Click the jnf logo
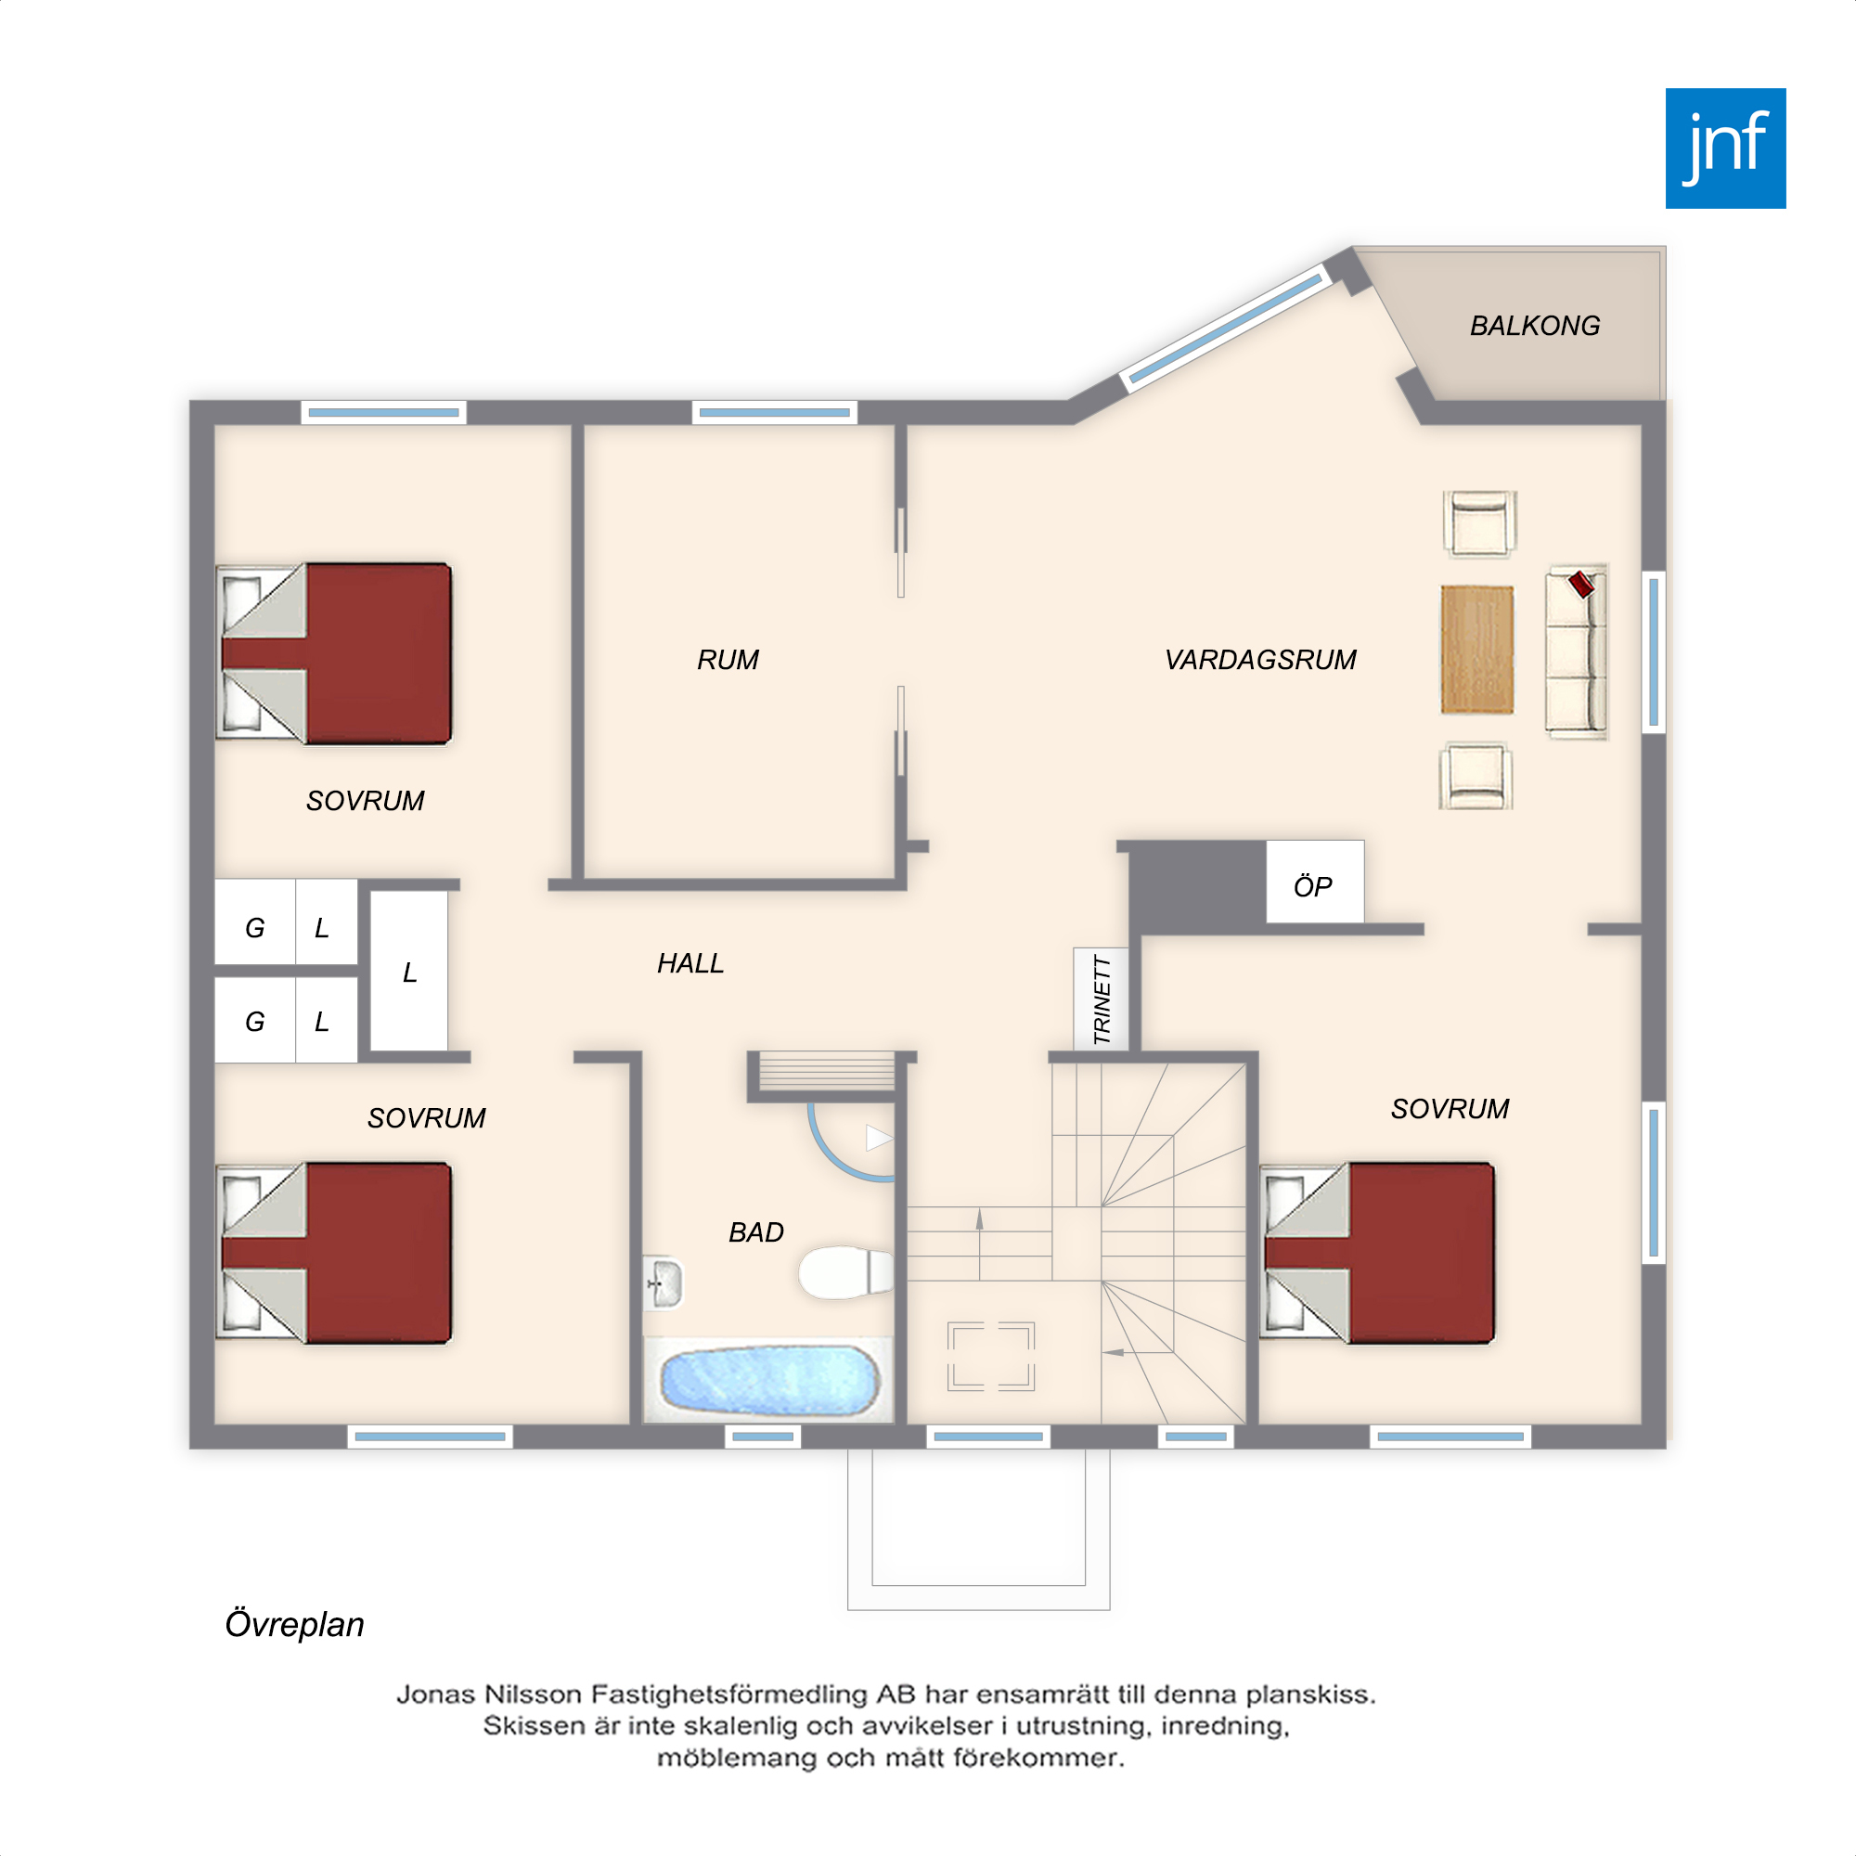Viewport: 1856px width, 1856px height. point(1725,148)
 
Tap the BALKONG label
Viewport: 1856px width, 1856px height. point(1535,327)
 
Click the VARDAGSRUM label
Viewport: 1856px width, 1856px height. point(1260,660)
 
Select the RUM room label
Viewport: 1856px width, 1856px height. point(728,660)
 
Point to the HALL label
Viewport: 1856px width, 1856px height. point(690,963)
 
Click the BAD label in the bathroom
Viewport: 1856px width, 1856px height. point(756,1232)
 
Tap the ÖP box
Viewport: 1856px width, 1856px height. point(1314,882)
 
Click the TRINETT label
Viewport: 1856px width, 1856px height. point(1102,1000)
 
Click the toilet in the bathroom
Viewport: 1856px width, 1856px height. point(846,1272)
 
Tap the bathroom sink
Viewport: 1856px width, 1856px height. point(663,1282)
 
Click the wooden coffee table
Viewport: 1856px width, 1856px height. point(1477,650)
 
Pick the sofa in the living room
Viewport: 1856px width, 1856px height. point(1577,651)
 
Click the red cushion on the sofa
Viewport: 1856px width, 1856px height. point(1581,584)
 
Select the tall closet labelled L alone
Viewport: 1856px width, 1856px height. point(409,972)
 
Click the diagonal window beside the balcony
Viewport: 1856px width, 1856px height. point(1226,328)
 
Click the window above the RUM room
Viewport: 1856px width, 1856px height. point(774,413)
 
